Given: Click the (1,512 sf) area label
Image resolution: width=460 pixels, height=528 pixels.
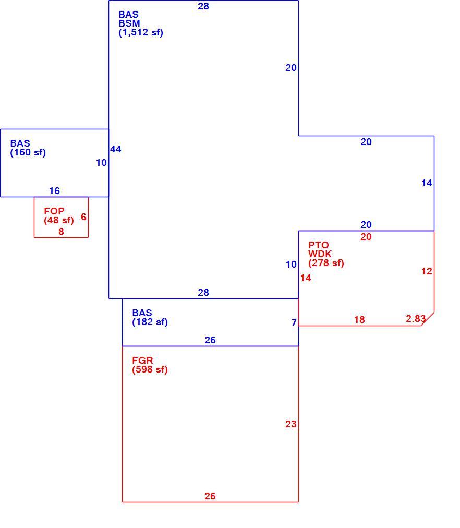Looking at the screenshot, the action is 141,33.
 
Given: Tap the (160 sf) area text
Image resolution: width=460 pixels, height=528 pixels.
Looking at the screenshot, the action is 28,152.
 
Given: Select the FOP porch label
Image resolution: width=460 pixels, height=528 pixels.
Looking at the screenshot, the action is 54,211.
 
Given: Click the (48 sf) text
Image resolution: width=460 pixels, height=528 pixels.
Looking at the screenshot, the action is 59,220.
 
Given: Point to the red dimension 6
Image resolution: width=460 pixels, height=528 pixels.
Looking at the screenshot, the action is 83,217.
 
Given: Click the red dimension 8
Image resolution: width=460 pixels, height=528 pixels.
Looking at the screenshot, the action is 61,232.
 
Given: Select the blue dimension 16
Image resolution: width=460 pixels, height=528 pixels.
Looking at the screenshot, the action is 55,191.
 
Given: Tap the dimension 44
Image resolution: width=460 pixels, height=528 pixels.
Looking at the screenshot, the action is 116,149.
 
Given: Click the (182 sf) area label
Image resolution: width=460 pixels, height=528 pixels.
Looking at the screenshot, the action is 150,322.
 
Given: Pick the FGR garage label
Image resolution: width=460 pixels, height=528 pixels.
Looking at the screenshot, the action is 143,361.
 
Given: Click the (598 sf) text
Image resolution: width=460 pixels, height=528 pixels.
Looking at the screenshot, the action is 150,369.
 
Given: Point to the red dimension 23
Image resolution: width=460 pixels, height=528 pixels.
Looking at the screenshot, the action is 291,424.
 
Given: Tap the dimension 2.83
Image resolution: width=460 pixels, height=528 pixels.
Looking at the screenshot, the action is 416,319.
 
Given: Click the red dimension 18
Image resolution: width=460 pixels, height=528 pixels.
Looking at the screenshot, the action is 359,319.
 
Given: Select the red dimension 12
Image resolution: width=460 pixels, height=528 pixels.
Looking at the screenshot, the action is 427,271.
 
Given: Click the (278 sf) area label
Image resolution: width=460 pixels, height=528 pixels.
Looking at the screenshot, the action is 326,263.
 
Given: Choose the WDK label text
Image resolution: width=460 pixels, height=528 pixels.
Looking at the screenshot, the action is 320,254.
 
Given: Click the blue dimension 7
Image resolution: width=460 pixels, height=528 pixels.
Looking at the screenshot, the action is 294,322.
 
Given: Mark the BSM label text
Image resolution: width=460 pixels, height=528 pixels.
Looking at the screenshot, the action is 129,23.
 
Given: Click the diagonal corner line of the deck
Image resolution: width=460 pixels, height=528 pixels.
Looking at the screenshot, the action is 427,319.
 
